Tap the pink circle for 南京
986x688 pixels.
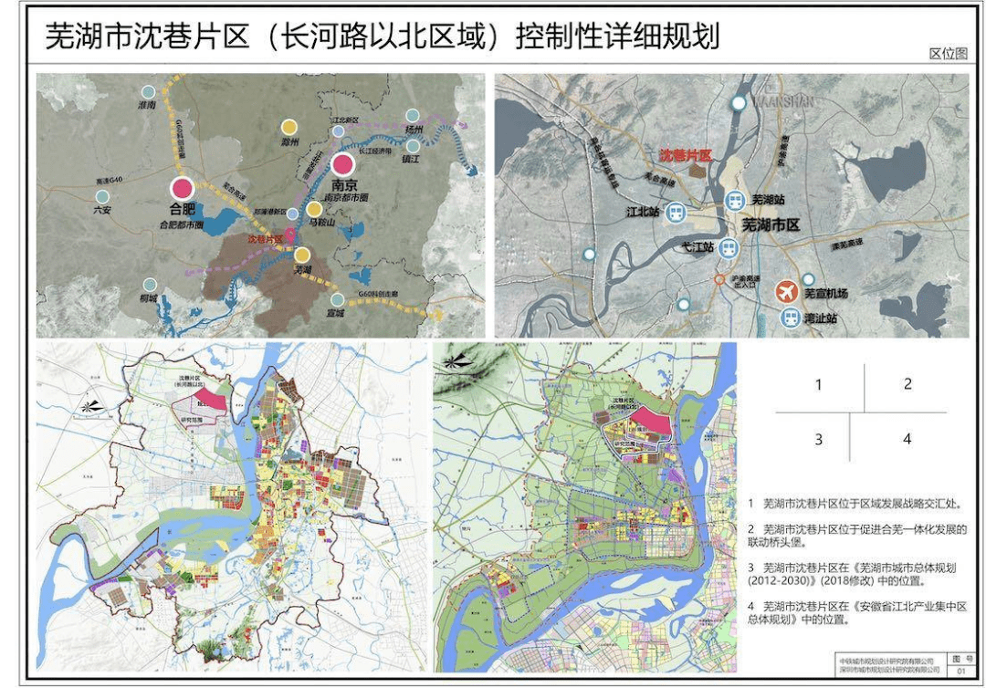coord(343,164)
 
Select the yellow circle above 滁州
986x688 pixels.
coord(289,128)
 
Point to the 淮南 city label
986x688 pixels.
coord(147,105)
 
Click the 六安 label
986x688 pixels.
coord(102,209)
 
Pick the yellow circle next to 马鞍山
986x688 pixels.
coord(314,209)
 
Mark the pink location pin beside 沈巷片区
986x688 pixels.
coord(291,234)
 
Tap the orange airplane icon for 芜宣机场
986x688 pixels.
coord(784,292)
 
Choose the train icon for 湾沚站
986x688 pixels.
coord(789,318)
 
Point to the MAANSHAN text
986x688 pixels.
coord(782,101)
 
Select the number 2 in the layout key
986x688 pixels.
coord(907,384)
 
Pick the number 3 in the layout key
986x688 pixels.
coord(818,439)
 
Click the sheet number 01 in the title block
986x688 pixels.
coord(960,671)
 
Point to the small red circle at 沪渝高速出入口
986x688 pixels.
coord(719,273)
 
